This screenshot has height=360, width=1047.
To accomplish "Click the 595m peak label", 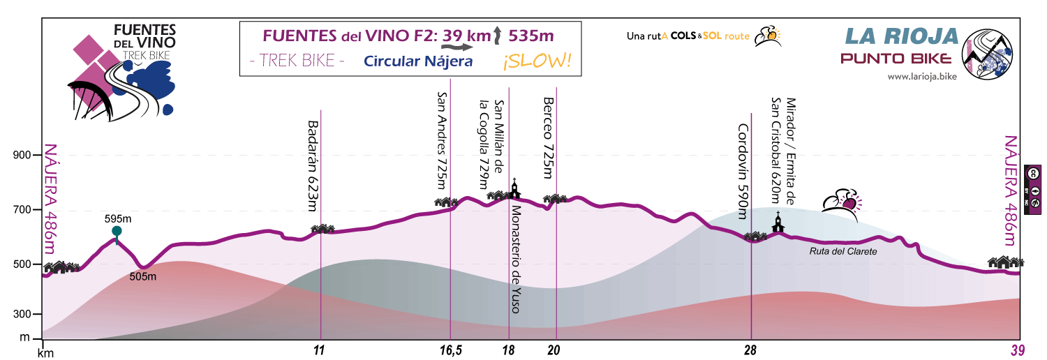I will click(x=117, y=218).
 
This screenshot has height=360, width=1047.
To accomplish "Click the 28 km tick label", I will click(x=750, y=351).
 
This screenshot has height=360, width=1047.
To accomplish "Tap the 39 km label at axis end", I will click(x=1019, y=351).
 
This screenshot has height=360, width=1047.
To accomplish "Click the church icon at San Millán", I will click(x=514, y=188).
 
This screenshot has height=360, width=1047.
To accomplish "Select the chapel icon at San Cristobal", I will click(x=778, y=223).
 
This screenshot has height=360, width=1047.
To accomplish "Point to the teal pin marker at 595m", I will click(x=117, y=232).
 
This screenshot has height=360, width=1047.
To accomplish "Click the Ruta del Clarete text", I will click(x=842, y=251).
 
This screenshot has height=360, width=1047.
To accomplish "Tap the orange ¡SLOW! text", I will click(x=536, y=61).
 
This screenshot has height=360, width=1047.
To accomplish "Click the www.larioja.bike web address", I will click(x=921, y=77).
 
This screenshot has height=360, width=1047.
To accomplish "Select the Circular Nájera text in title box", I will click(x=418, y=61).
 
